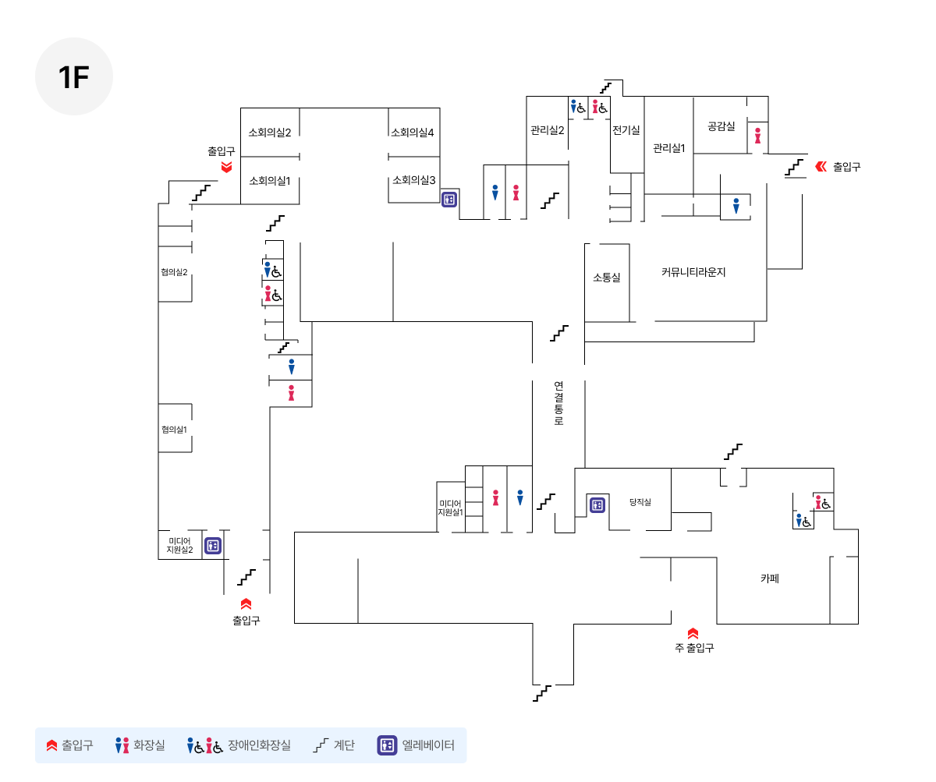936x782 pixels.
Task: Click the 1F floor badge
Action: pyautogui.click(x=74, y=76)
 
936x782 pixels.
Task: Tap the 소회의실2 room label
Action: pyautogui.click(x=269, y=133)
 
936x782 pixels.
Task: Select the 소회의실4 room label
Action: pyautogui.click(x=412, y=133)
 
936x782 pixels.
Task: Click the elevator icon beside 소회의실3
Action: pyautogui.click(x=448, y=200)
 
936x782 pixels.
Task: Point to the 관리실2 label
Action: pyautogui.click(x=547, y=130)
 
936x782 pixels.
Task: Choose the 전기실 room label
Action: pyautogui.click(x=626, y=130)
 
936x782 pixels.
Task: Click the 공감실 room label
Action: pyautogui.click(x=721, y=126)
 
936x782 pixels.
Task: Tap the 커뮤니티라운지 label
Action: pyautogui.click(x=693, y=272)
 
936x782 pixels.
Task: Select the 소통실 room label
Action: pyautogui.click(x=607, y=278)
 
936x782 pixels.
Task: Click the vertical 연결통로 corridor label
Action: pyautogui.click(x=558, y=403)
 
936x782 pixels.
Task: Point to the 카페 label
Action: pyautogui.click(x=770, y=578)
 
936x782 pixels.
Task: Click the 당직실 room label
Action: pyautogui.click(x=640, y=502)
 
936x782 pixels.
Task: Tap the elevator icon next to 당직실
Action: pyautogui.click(x=597, y=505)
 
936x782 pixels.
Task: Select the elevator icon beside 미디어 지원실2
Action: pyautogui.click(x=212, y=546)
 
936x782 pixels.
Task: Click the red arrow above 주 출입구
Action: pyautogui.click(x=693, y=633)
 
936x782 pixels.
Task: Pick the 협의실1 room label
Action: pyautogui.click(x=174, y=430)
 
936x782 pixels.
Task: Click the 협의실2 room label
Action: pyautogui.click(x=174, y=272)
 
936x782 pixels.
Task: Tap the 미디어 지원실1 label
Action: pyautogui.click(x=450, y=508)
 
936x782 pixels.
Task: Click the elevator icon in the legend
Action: pyautogui.click(x=387, y=745)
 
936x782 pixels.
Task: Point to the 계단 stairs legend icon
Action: pyautogui.click(x=321, y=745)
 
